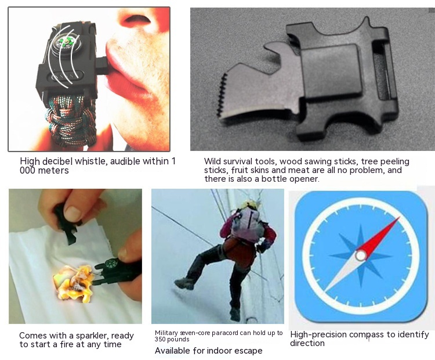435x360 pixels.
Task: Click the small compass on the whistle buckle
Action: coord(66,44)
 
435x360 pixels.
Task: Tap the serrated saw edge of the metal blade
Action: coord(222,95)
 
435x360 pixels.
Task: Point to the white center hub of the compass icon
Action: coord(361,255)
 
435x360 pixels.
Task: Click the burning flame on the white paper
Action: coord(74,283)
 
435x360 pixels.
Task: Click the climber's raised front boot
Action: coord(184,283)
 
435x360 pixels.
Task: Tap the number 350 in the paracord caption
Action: coord(160,340)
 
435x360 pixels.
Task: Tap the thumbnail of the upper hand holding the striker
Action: coord(72,213)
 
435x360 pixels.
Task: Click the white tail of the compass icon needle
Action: coord(342,273)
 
